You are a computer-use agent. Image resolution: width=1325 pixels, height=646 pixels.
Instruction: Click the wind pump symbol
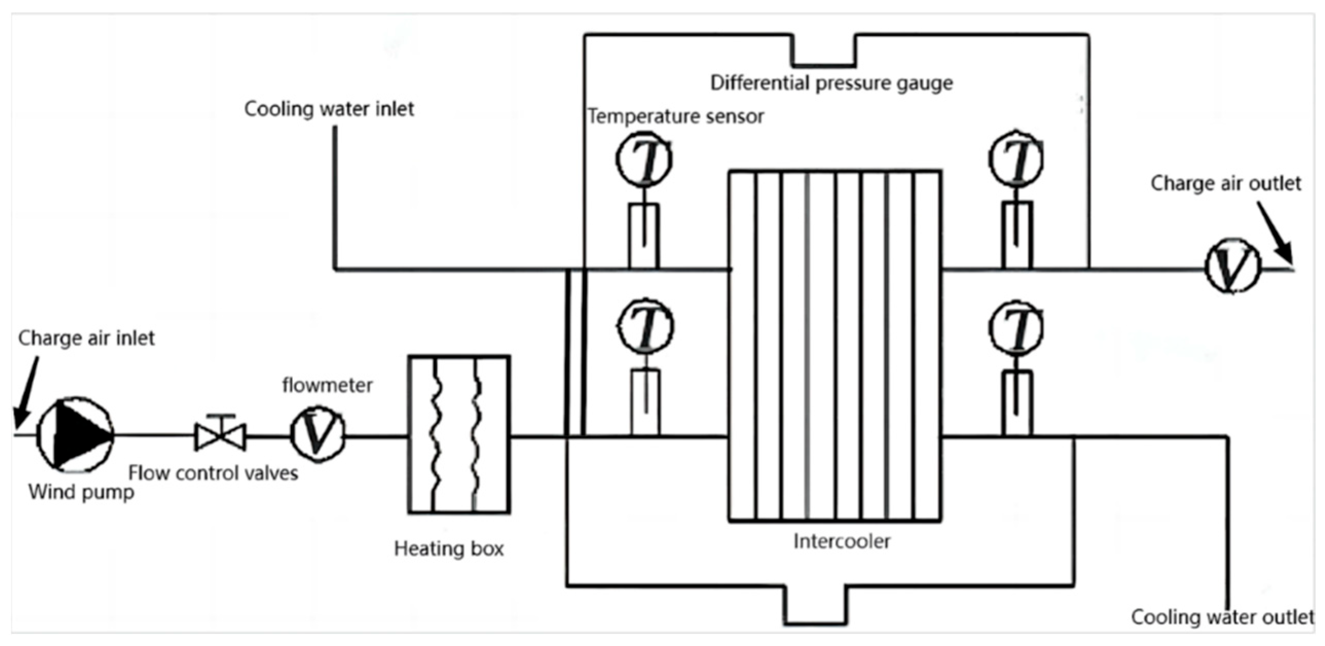[75, 435]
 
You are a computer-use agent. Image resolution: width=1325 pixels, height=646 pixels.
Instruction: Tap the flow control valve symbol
[220, 436]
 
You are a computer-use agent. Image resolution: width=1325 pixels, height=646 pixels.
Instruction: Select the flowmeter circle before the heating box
[318, 434]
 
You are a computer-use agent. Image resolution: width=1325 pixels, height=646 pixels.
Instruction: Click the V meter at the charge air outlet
[1233, 266]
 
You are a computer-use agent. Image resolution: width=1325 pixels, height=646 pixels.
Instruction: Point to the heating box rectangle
[459, 434]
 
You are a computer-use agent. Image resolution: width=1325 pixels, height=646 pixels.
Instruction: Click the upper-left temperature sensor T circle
[644, 158]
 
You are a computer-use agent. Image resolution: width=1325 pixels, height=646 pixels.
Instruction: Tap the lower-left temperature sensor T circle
[645, 327]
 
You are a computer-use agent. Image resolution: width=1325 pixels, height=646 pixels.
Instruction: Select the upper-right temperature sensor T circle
[1016, 158]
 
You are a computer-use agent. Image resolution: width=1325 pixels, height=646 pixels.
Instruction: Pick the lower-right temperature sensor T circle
[1016, 328]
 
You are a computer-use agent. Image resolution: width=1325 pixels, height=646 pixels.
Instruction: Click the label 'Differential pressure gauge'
[831, 83]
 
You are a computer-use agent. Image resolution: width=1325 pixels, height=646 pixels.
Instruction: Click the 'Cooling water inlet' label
[329, 109]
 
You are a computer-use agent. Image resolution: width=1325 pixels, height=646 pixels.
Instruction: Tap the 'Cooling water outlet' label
[1222, 617]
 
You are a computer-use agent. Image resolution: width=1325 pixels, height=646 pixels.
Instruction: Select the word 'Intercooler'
[842, 541]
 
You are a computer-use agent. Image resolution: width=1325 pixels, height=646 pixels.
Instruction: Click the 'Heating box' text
[449, 549]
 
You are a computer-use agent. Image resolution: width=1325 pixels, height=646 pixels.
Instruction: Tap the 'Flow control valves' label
[213, 473]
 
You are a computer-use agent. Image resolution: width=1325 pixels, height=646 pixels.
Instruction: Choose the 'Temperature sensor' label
[676, 116]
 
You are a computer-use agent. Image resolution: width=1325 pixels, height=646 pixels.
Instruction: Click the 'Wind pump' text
[81, 492]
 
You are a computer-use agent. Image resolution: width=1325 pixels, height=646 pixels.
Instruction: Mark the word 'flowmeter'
[327, 385]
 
